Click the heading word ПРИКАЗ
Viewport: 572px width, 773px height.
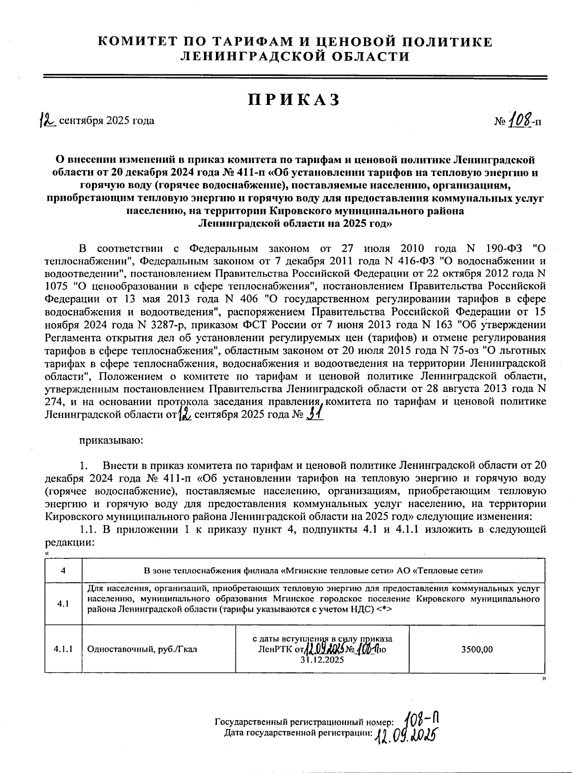pos(294,100)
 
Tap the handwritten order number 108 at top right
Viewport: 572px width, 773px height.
pos(519,120)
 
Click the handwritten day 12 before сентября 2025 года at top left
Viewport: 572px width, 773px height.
pos(48,120)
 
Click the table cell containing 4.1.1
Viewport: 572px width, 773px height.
pos(63,649)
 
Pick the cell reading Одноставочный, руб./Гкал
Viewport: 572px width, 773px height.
pos(143,649)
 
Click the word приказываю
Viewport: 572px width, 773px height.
pos(110,440)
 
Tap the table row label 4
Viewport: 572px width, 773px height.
pos(63,571)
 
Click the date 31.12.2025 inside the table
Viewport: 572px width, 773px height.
pos(322,660)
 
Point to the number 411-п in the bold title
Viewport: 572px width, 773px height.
pos(253,172)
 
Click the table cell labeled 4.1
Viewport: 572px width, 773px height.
pos(63,604)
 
